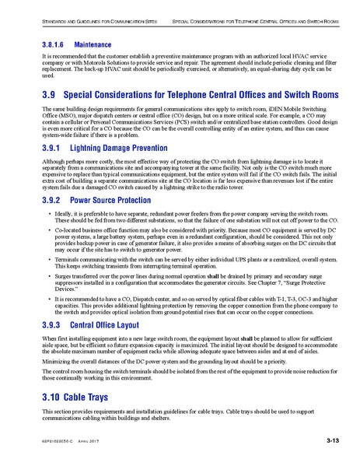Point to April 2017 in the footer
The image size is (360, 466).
coord(91,442)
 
